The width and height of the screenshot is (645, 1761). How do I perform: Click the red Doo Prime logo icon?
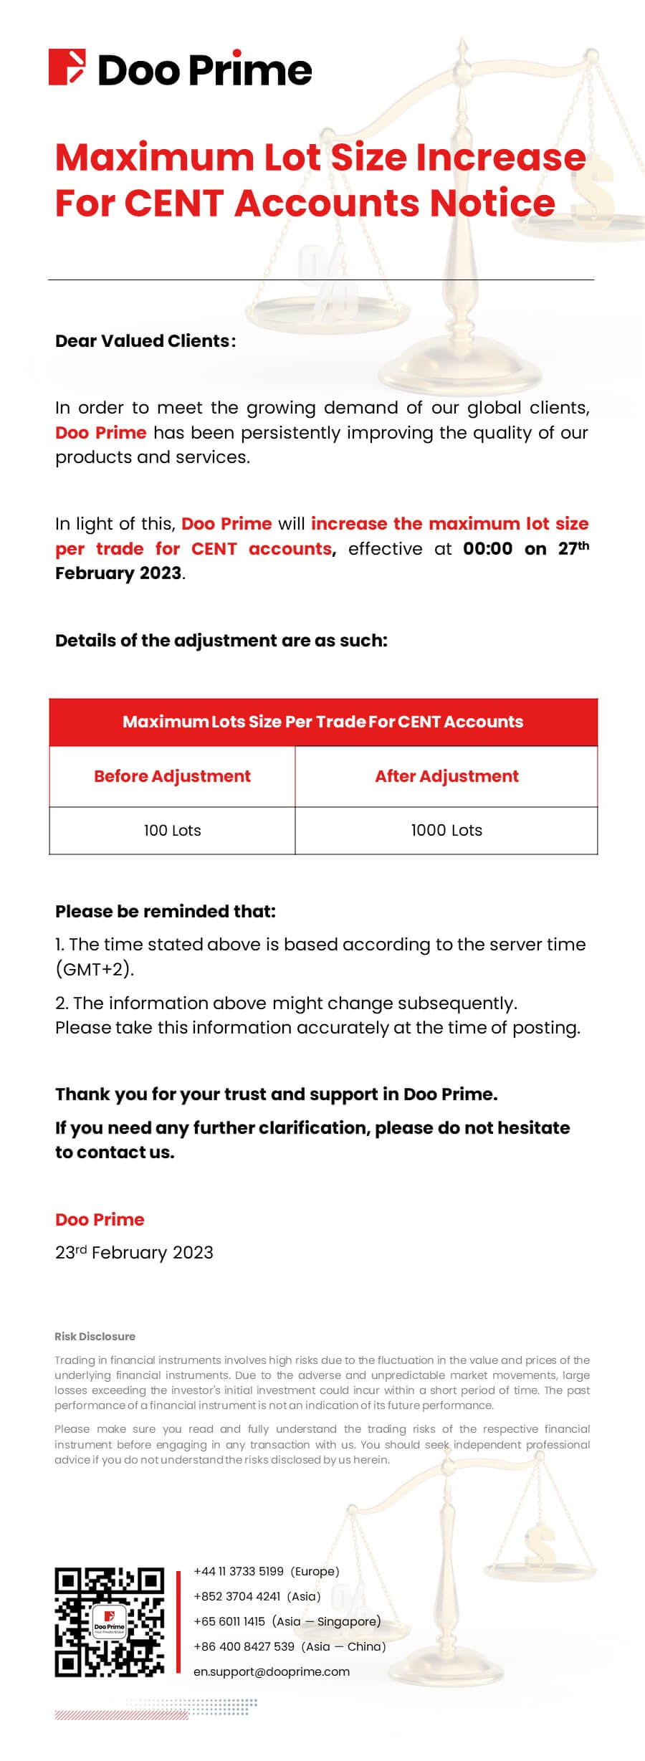click(67, 67)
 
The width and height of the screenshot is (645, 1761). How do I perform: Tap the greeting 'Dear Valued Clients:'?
click(145, 341)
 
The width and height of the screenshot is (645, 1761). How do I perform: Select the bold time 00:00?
click(487, 549)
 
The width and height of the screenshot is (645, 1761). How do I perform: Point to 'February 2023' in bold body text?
click(118, 573)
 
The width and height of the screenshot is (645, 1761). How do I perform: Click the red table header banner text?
click(322, 722)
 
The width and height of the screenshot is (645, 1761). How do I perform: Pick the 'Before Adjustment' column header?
click(172, 776)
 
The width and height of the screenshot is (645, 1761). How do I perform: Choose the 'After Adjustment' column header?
click(446, 776)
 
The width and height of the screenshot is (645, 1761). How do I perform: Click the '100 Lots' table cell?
click(172, 831)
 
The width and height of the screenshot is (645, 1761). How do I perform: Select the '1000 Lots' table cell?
click(446, 831)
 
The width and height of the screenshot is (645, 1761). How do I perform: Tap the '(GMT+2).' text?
click(95, 969)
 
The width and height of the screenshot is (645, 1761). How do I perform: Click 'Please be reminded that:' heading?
click(166, 912)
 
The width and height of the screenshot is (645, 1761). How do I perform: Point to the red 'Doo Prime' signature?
click(100, 1219)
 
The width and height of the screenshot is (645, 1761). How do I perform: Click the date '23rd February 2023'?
click(134, 1252)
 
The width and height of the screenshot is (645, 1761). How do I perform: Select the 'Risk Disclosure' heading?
click(95, 1336)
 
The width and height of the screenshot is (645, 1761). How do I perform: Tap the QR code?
click(110, 1623)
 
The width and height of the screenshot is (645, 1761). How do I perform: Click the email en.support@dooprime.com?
click(272, 1671)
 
